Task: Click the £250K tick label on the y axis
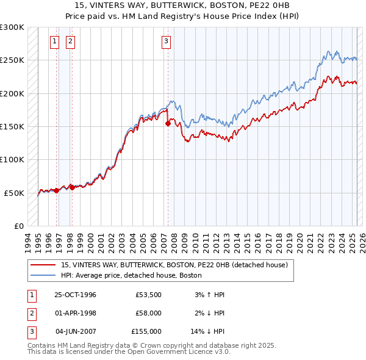[x=12, y=60]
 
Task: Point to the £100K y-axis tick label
[x=12, y=159]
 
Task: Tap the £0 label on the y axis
[x=18, y=226]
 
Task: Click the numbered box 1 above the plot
[x=55, y=41]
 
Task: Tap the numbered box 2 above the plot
[x=70, y=41]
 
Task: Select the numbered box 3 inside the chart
[x=166, y=41]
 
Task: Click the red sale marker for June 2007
[x=168, y=123]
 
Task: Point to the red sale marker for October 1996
[x=57, y=190]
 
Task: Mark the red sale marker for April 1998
[x=72, y=187]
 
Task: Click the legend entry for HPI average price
[x=131, y=275]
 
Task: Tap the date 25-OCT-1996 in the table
[x=76, y=295]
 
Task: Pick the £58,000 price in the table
[x=148, y=313]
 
